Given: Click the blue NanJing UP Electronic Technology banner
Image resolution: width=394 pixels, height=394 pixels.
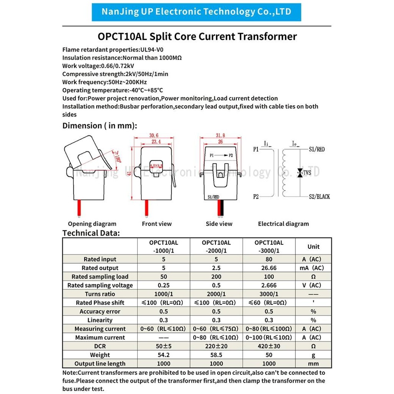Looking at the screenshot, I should click(196, 12).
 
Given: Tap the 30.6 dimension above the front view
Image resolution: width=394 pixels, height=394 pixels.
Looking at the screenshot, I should click(154, 135).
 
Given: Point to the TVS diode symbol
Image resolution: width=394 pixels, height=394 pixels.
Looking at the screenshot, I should click(299, 173).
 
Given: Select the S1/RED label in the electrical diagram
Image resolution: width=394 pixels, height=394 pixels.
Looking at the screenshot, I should click(317, 149).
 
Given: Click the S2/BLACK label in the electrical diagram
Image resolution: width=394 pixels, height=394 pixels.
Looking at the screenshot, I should click(319, 197).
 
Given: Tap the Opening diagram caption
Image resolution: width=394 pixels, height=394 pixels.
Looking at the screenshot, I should click(92, 224).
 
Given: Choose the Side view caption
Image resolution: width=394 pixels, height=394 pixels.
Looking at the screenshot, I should click(219, 224).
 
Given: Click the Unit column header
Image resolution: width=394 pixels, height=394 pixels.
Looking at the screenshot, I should click(313, 247).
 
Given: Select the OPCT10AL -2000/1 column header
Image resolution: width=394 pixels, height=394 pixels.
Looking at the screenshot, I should click(216, 247).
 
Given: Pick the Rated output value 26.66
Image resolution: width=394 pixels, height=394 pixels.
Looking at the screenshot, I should click(269, 268).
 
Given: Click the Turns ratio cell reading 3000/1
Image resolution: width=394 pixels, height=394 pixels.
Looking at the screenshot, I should click(269, 294).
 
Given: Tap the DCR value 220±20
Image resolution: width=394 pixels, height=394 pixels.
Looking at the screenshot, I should click(216, 346).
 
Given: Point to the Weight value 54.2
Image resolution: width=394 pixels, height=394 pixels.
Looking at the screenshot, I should click(164, 355).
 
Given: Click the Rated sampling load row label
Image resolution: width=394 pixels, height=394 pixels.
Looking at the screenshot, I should click(100, 277).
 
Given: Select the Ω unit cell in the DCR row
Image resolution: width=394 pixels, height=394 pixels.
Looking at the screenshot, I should click(313, 346).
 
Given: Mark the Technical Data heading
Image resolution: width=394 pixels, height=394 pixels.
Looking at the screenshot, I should click(91, 233).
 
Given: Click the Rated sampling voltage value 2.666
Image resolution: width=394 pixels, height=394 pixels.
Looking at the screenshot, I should click(269, 285).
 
